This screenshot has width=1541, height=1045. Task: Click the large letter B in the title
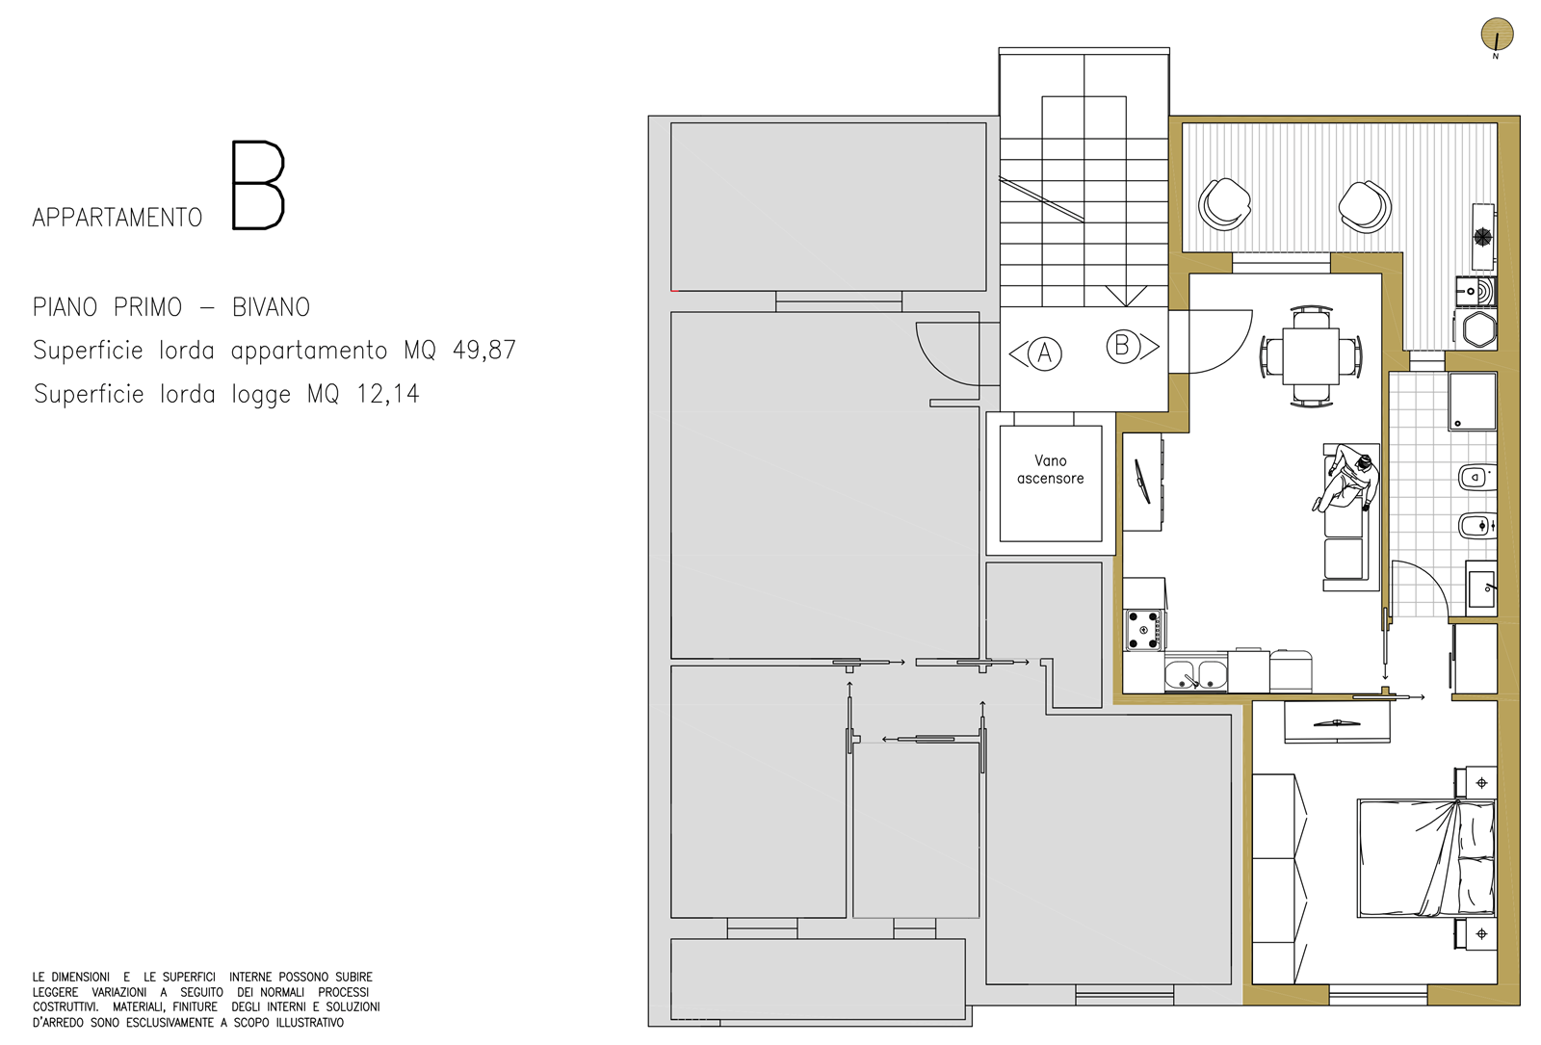click(x=258, y=185)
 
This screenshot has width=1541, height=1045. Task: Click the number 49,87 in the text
click(x=483, y=351)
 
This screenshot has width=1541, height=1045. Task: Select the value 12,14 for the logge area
click(x=388, y=394)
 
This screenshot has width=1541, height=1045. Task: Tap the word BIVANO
click(x=271, y=307)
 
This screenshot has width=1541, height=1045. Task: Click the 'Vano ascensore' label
click(x=1050, y=469)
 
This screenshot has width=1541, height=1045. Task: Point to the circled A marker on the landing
click(x=1044, y=353)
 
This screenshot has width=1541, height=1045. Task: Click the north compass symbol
click(x=1497, y=35)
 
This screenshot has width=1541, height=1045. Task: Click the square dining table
click(x=1311, y=356)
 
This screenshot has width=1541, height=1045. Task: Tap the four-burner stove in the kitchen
click(x=1142, y=630)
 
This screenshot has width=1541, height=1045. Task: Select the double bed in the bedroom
click(x=1426, y=858)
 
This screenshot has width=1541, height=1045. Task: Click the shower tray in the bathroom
click(x=1473, y=402)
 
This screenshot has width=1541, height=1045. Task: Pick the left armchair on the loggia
click(x=1224, y=205)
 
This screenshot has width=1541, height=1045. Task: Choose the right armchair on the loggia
click(x=1365, y=207)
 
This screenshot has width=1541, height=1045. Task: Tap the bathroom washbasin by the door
click(x=1481, y=588)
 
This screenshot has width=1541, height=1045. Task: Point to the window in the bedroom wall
click(x=1378, y=994)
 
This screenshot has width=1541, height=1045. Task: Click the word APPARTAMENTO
click(x=118, y=218)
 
